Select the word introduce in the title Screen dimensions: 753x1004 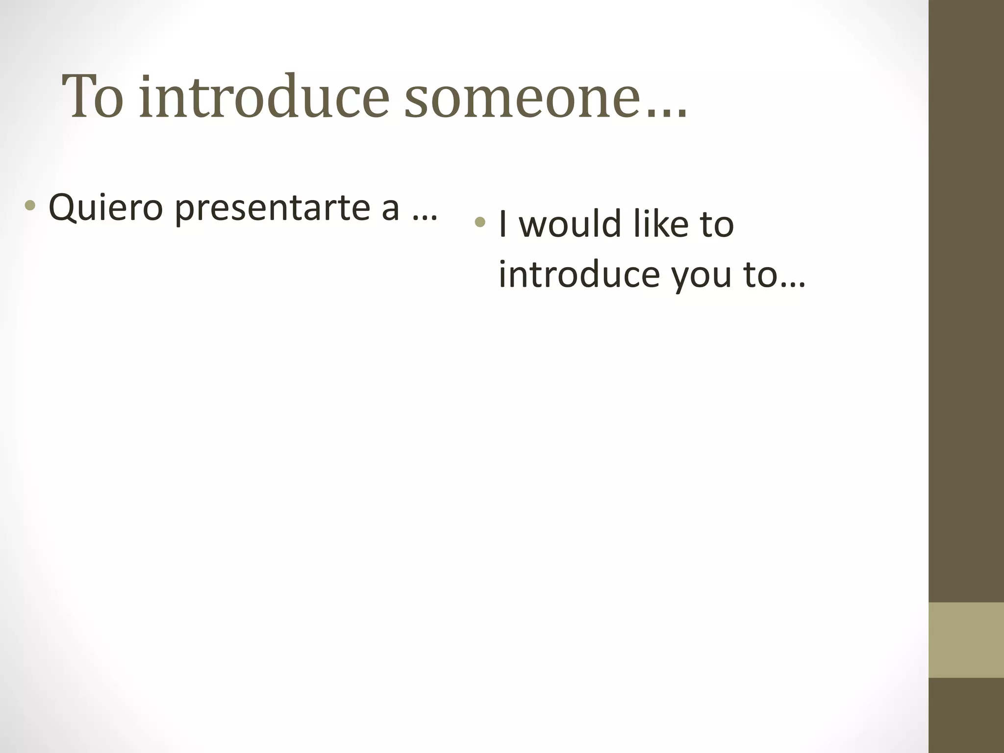point(264,97)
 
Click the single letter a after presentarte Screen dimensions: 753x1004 point(390,209)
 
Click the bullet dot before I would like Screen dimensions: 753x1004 point(480,222)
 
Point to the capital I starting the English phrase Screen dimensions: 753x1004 point(502,224)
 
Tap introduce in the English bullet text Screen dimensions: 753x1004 point(579,274)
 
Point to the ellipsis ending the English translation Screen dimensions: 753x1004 point(792,284)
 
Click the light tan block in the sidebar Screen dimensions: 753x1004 point(966,640)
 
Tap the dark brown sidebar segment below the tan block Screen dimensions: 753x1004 point(966,715)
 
